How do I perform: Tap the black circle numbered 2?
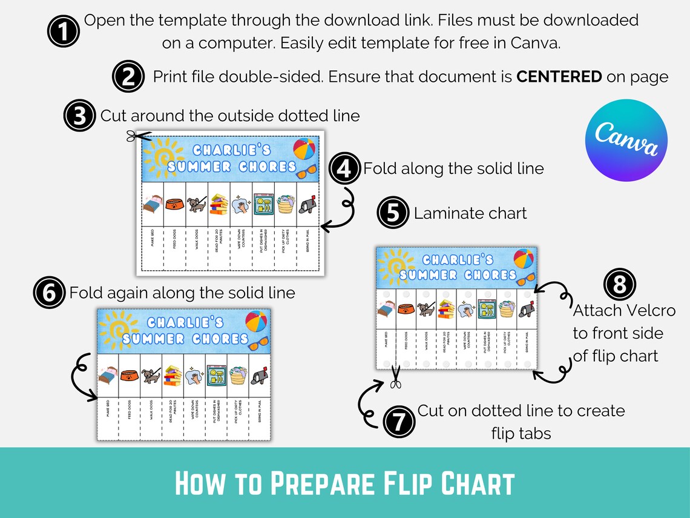[128, 78]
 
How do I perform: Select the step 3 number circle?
[79, 116]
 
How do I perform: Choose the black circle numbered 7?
[398, 421]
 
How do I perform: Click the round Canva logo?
[626, 141]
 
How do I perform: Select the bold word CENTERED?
[559, 77]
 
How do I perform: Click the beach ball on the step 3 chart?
[304, 148]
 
